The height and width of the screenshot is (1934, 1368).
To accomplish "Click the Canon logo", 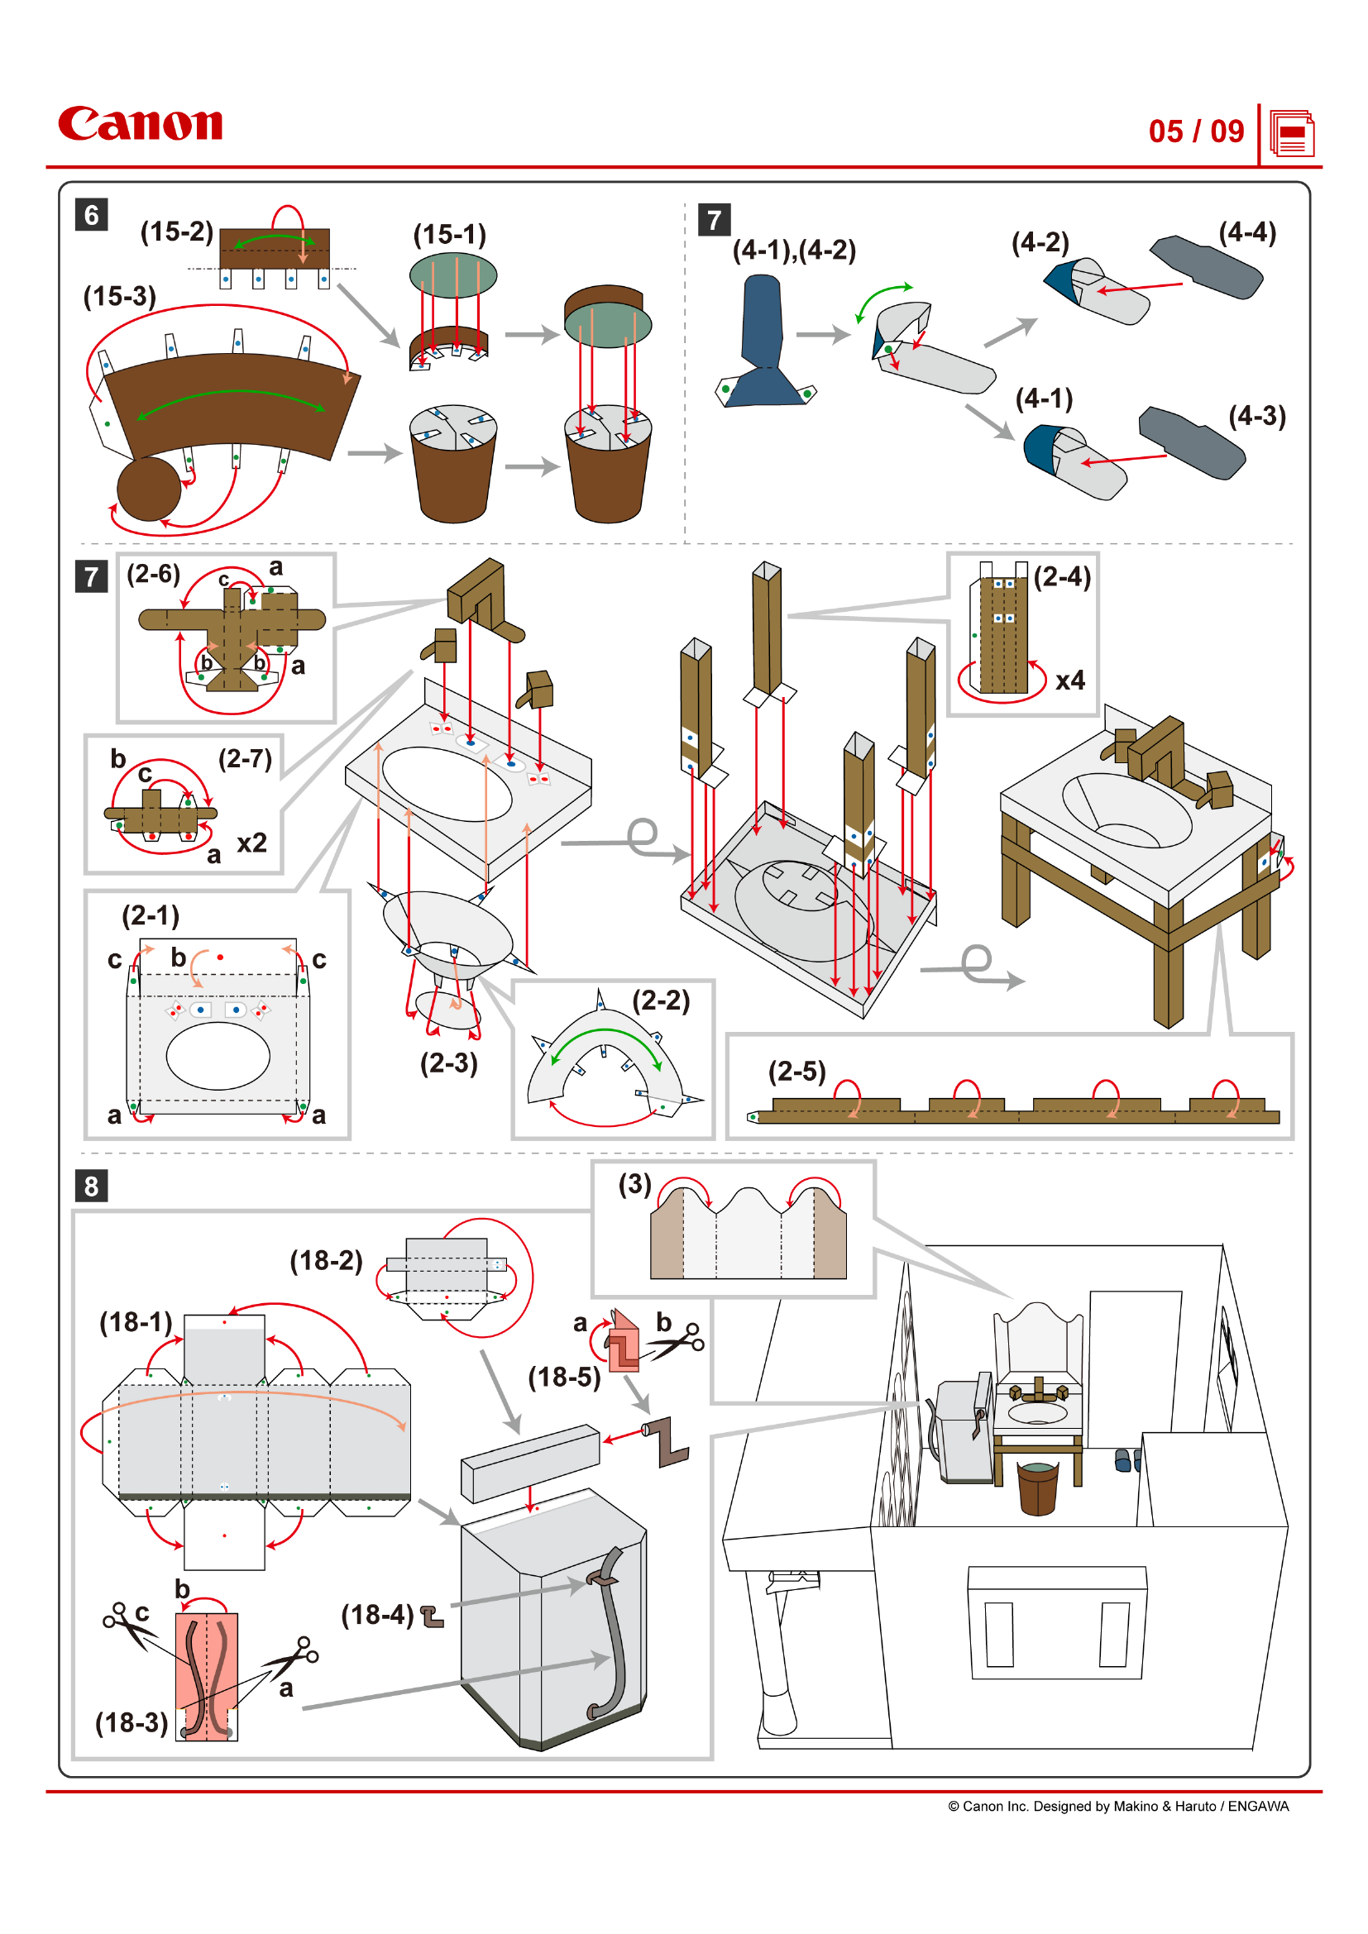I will pyautogui.click(x=140, y=124).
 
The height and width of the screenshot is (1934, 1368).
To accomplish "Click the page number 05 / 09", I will pyautogui.click(x=1195, y=131).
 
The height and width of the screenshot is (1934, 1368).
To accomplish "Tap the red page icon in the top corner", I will pyautogui.click(x=1291, y=134).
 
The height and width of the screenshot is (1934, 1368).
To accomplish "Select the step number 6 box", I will pyautogui.click(x=91, y=215).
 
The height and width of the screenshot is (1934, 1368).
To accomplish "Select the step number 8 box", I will pyautogui.click(x=91, y=1186).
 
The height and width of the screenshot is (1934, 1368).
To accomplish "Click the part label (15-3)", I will pyautogui.click(x=120, y=297).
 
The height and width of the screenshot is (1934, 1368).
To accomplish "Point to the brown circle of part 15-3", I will pyautogui.click(x=148, y=489).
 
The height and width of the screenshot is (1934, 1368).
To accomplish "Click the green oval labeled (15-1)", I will pyautogui.click(x=453, y=275).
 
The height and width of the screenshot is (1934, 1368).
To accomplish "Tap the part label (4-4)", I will pyautogui.click(x=1246, y=232).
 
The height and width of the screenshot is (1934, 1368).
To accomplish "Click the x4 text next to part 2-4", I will pyautogui.click(x=1069, y=680).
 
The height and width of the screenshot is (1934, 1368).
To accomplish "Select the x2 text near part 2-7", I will pyautogui.click(x=251, y=843).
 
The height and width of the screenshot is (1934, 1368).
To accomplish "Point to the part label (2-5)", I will pyautogui.click(x=796, y=1072).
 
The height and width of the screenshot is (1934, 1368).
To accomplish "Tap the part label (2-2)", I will pyautogui.click(x=662, y=1000).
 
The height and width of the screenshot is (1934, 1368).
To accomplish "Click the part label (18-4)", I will pyautogui.click(x=376, y=1615).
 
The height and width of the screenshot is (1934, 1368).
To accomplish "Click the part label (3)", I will pyautogui.click(x=635, y=1184).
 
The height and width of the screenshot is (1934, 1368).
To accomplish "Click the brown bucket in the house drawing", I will pyautogui.click(x=1038, y=1488).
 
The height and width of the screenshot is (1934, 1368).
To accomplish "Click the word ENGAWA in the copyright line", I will pyautogui.click(x=1258, y=1806).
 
